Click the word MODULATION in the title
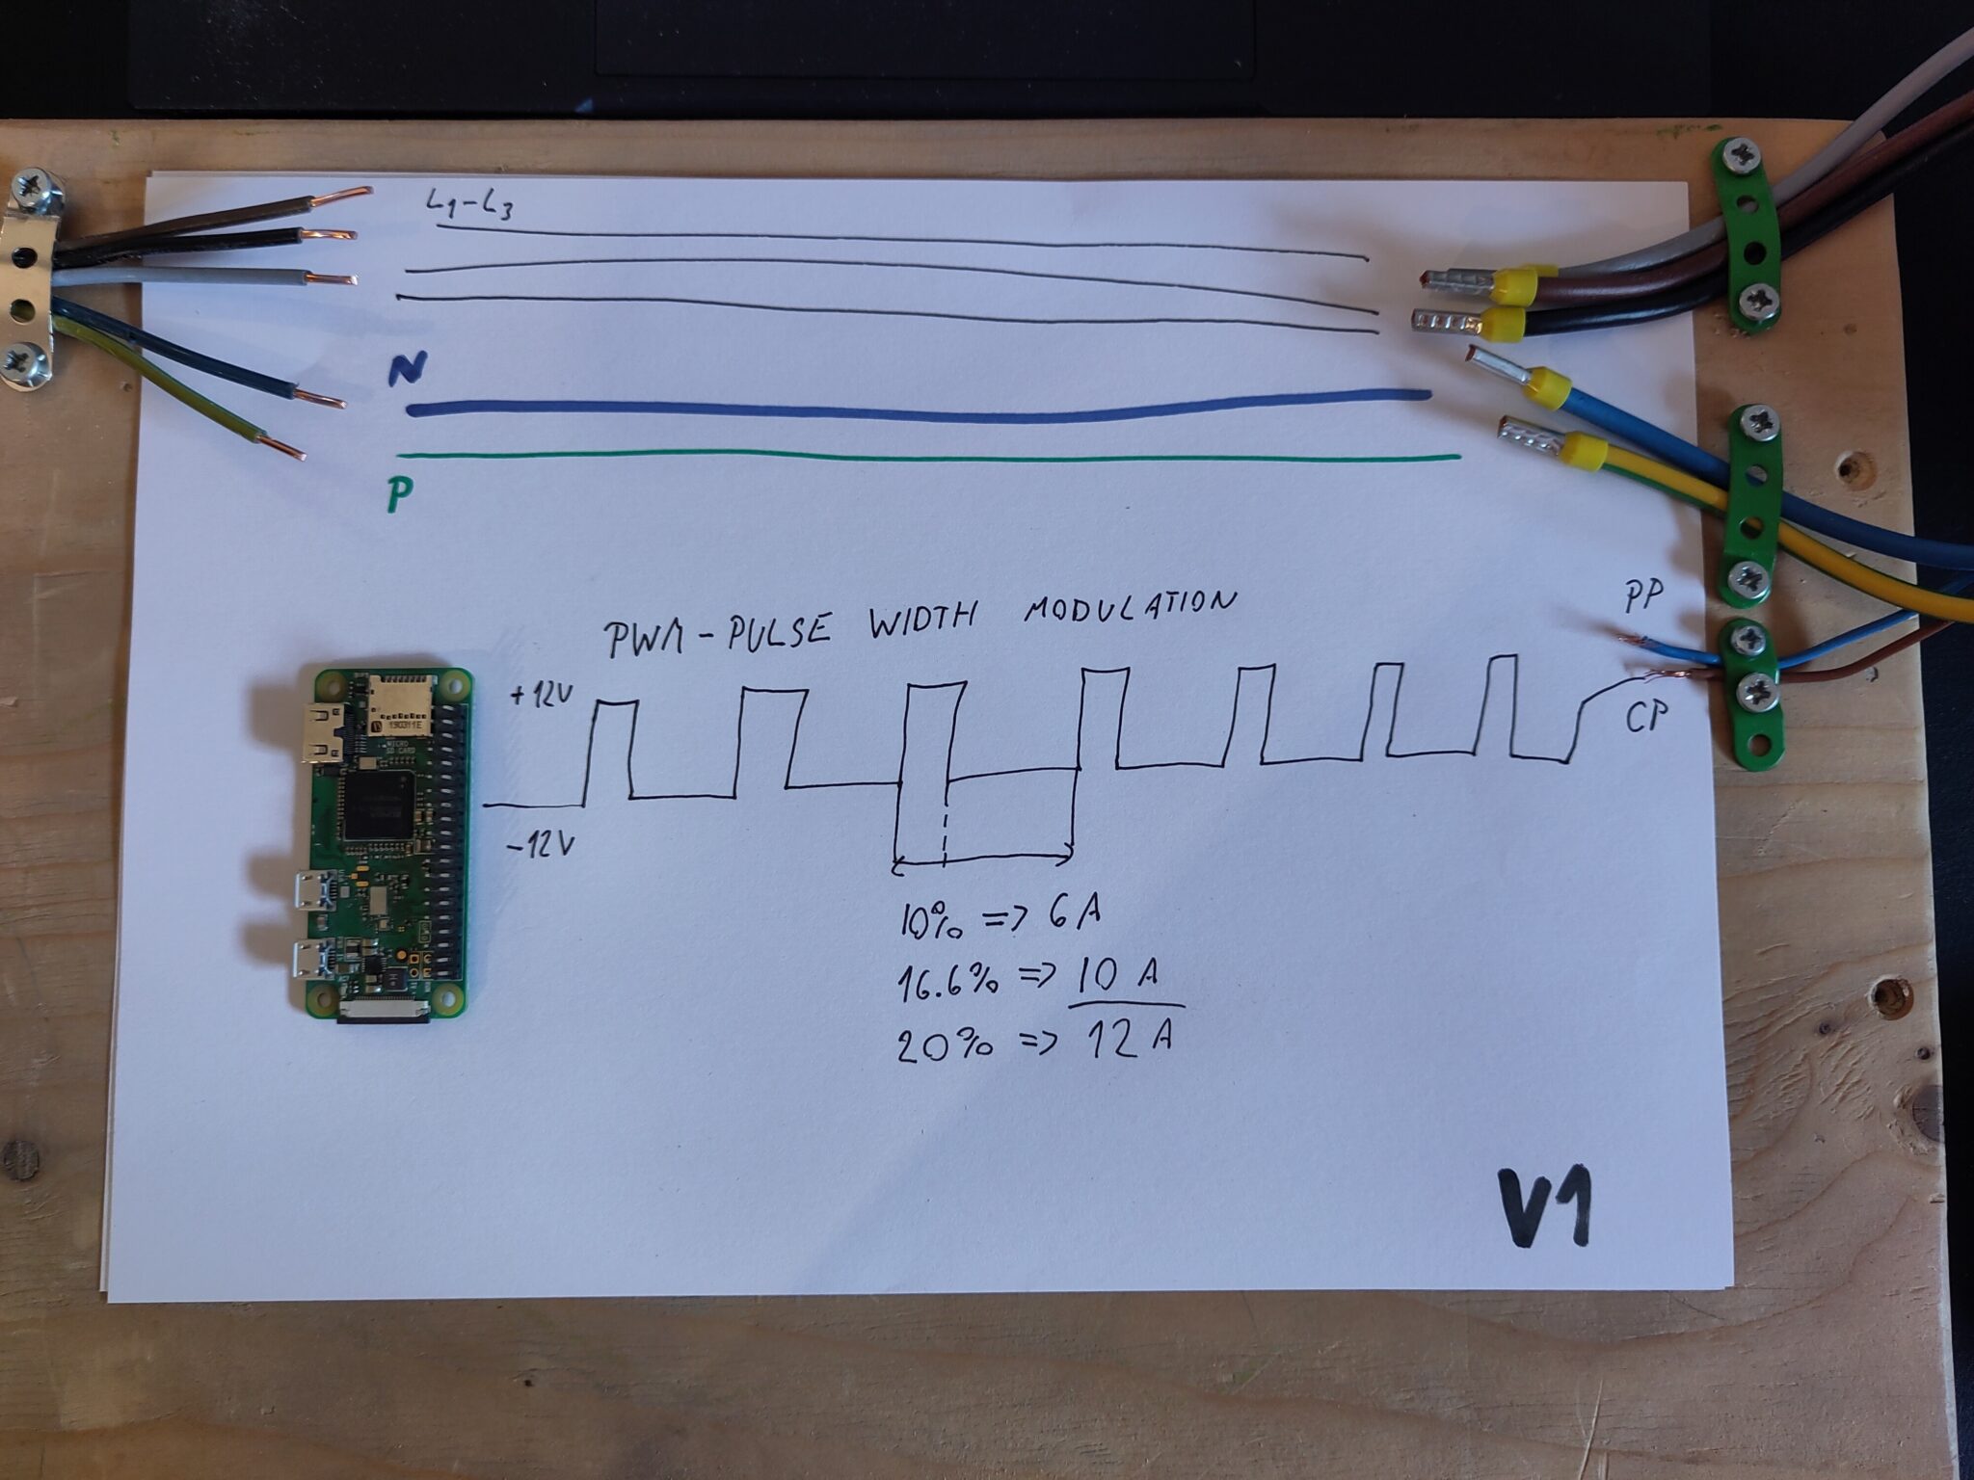pyautogui.click(x=1129, y=606)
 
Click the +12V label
pyautogui.click(x=543, y=695)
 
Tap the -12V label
pyautogui.click(x=540, y=846)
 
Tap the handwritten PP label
pyautogui.click(x=1643, y=596)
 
